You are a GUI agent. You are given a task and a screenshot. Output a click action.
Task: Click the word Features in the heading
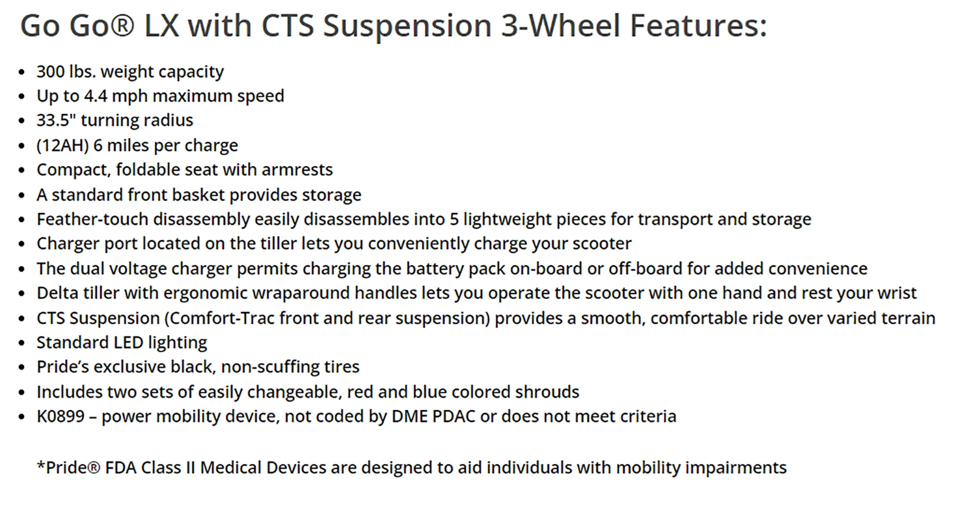coord(698,25)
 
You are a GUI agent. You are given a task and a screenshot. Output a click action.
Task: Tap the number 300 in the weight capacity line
coord(50,71)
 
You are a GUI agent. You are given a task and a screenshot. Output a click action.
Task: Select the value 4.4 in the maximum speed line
coord(96,96)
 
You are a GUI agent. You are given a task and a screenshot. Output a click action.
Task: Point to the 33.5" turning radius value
coord(56,120)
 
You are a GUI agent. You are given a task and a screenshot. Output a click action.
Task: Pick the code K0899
coord(61,416)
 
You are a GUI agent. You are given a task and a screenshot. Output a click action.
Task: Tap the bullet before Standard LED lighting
coord(21,344)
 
